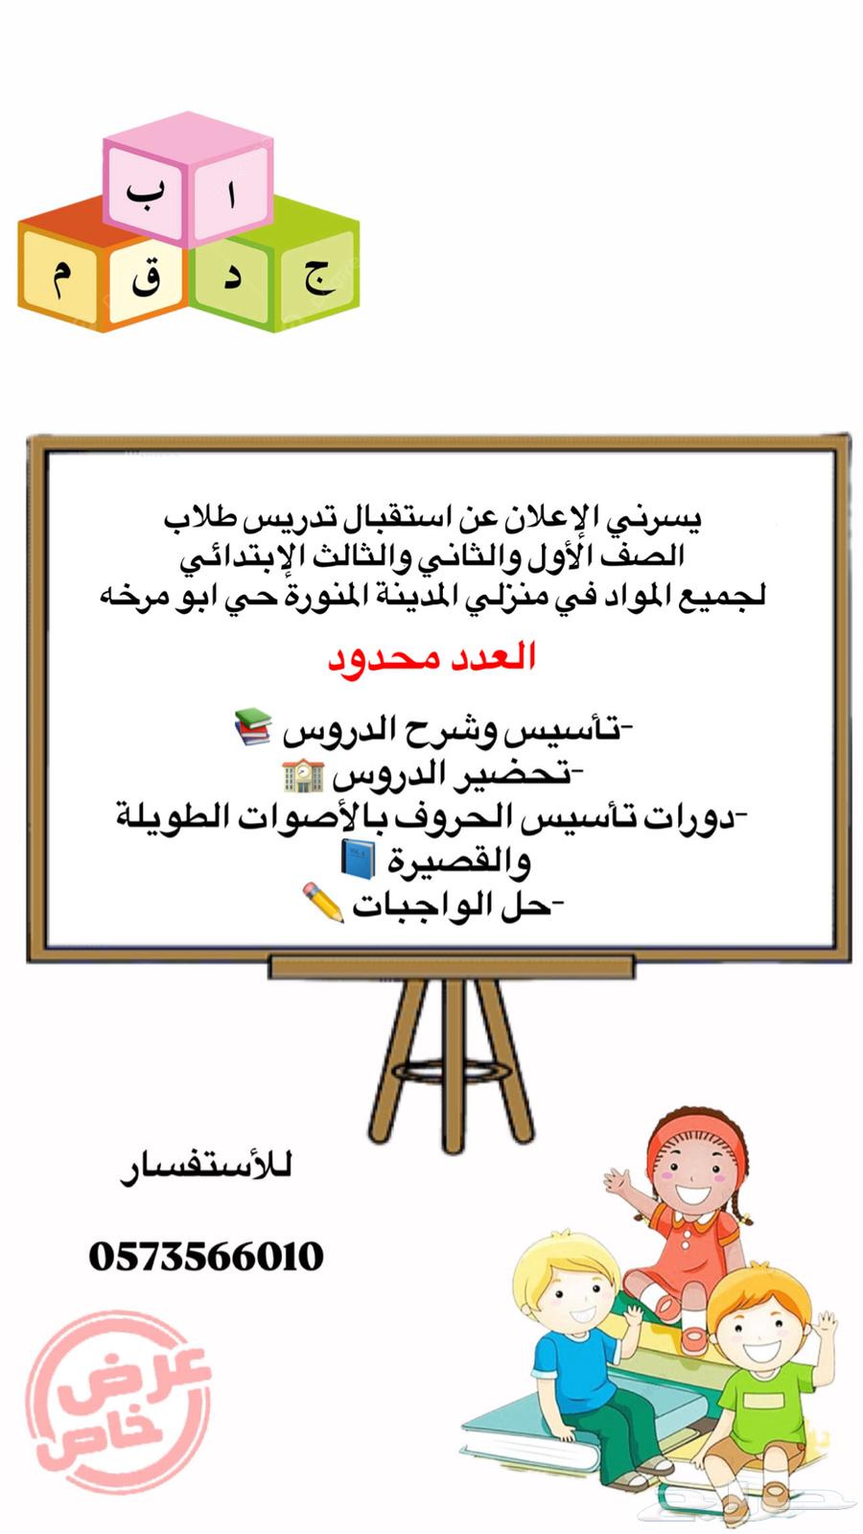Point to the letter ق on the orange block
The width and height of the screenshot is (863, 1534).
coord(146,280)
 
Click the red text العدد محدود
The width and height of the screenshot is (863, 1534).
coord(432,658)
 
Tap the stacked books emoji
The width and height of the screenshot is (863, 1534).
coord(252,727)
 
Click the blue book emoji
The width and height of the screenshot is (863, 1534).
coord(358,860)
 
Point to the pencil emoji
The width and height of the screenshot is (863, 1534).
coord(323,903)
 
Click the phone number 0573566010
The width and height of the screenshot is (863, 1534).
coord(206,1256)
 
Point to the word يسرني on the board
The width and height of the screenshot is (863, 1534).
coord(658,519)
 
